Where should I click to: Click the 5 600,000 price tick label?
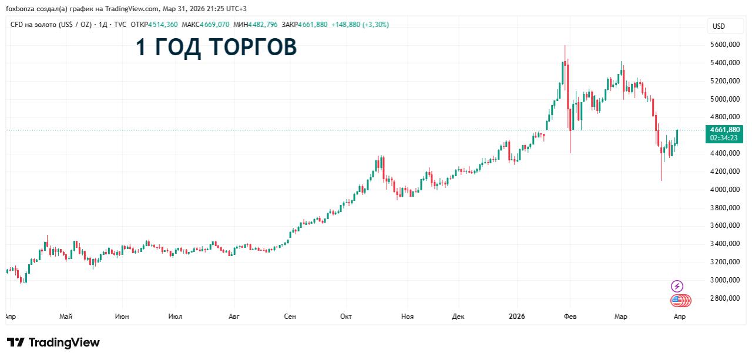point(725,45)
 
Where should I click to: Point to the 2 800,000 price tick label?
point(725,298)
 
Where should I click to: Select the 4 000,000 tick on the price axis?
point(725,190)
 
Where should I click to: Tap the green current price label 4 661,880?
point(725,130)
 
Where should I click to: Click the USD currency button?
point(719,26)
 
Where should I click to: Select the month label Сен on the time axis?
point(290,317)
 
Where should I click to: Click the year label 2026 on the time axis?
point(516,317)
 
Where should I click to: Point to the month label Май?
point(66,317)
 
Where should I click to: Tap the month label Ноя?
point(407,317)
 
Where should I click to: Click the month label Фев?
point(570,317)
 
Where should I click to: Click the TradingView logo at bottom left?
point(53,342)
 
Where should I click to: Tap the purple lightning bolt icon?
point(677,286)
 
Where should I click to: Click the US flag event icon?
point(677,301)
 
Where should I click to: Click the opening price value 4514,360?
point(163,25)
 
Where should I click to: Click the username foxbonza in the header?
point(20,8)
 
